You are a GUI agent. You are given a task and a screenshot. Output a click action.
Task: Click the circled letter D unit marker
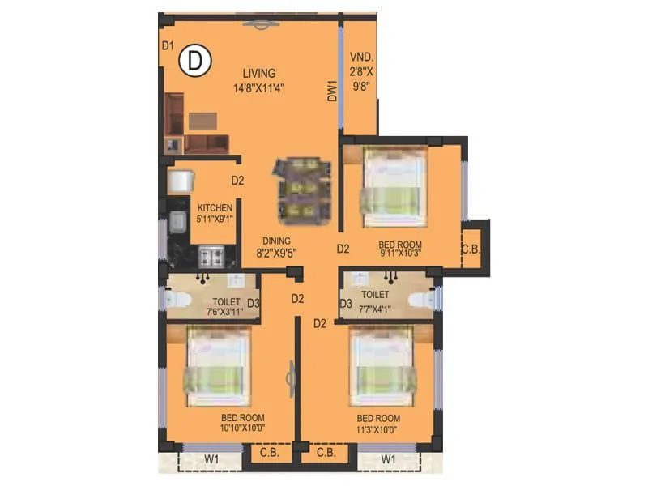pyautogui.click(x=195, y=59)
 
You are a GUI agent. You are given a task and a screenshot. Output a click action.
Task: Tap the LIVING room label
pyautogui.click(x=258, y=74)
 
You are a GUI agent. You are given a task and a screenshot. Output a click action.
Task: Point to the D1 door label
pyautogui.click(x=168, y=46)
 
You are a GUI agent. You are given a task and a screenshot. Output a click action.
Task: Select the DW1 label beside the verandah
pyautogui.click(x=332, y=91)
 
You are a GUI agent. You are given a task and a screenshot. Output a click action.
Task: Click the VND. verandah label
pyautogui.click(x=360, y=58)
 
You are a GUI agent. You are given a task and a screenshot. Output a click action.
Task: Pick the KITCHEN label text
pyautogui.click(x=215, y=207)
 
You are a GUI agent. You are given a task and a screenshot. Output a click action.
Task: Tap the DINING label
pyautogui.click(x=277, y=241)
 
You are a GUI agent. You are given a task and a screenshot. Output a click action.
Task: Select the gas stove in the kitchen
pyautogui.click(x=212, y=258)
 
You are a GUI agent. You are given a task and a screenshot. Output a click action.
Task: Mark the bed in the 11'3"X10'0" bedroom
pyautogui.click(x=382, y=365)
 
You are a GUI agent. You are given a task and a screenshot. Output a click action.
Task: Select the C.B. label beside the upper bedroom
pyautogui.click(x=471, y=249)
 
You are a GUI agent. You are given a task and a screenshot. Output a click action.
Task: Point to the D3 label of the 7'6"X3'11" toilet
pyautogui.click(x=254, y=304)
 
